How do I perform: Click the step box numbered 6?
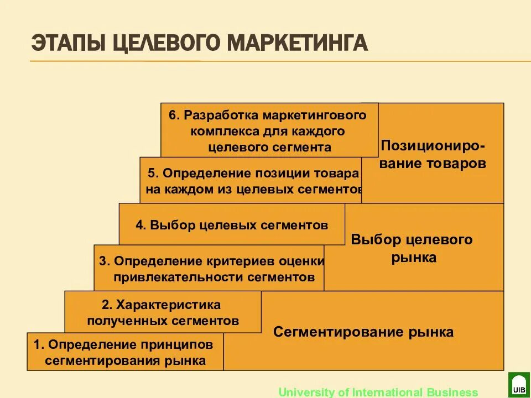pos(269,130)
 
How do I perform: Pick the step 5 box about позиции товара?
pos(252,181)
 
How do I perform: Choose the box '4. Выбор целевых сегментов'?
pos(232,225)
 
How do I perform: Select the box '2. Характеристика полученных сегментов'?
pos(163,312)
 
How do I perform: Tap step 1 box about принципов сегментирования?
pos(125,352)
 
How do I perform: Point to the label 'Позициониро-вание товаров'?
pos(434,155)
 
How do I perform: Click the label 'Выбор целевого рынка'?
pos(412,248)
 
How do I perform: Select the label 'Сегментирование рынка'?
pos(363,332)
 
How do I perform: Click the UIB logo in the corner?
pos(519,385)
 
